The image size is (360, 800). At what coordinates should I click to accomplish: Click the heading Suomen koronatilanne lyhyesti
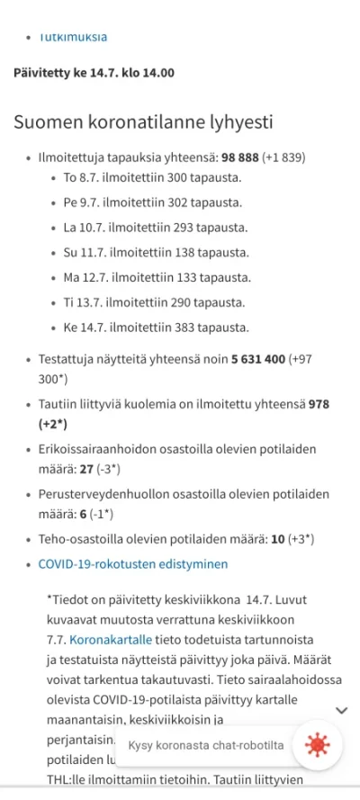(x=143, y=122)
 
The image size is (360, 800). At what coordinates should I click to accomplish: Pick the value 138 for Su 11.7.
(x=180, y=253)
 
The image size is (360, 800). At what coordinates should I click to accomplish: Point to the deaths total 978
(x=319, y=405)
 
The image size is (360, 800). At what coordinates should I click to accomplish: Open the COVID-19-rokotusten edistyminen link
(x=133, y=564)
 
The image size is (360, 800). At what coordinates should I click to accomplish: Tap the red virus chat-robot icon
(x=317, y=745)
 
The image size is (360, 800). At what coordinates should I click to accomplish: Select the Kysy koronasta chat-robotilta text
(x=206, y=745)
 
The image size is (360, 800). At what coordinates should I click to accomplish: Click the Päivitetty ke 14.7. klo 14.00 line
(x=94, y=73)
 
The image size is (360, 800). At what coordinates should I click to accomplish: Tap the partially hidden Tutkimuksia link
(x=73, y=38)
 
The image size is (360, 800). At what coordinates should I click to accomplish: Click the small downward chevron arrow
(x=341, y=710)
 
